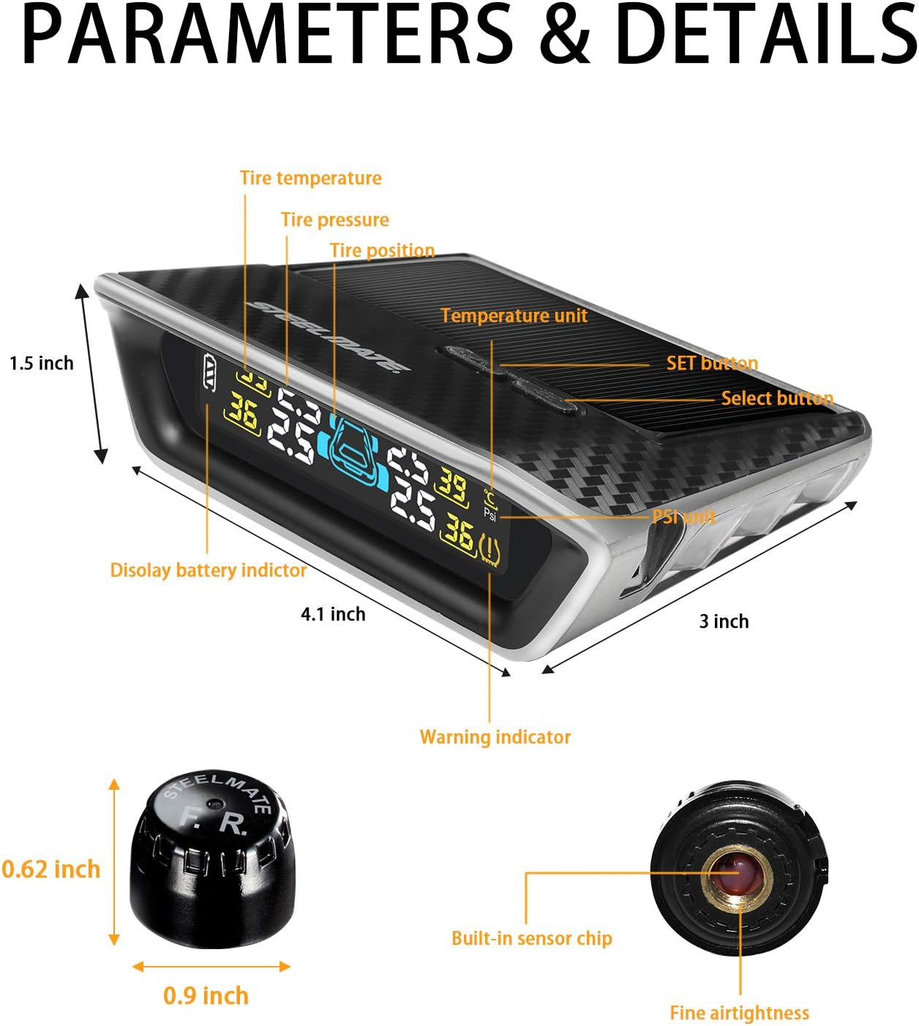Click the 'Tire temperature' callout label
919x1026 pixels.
tap(311, 179)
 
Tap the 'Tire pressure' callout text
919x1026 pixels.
tap(335, 220)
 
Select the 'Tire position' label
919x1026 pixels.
tap(382, 251)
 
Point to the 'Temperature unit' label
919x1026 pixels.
tap(514, 316)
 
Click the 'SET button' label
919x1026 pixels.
tap(712, 364)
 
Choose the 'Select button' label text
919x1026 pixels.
tap(777, 399)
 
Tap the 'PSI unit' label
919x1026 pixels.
tap(684, 517)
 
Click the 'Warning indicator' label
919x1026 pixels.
tap(495, 737)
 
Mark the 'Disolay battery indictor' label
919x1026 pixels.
tap(208, 571)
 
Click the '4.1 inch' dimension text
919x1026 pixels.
tap(333, 615)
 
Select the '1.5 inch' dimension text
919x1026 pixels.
tap(42, 364)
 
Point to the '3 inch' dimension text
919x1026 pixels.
tap(724, 622)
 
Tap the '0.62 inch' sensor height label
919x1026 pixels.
tap(50, 869)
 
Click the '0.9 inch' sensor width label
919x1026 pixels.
tap(206, 996)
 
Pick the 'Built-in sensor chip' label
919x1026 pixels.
tap(532, 939)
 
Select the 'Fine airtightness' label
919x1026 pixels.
tap(739, 1014)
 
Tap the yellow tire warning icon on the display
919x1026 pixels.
tap(489, 550)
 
